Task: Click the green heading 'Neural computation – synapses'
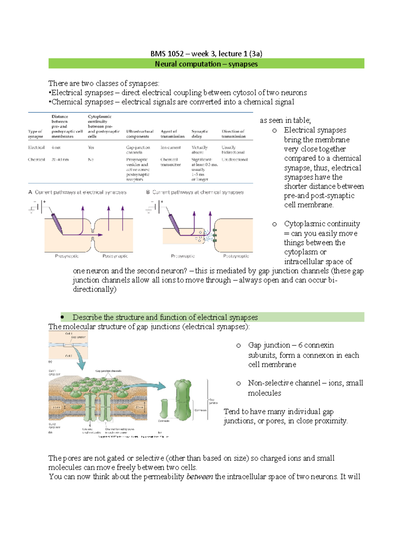[206, 64]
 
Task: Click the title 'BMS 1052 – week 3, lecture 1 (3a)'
[206, 54]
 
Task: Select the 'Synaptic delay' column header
[200, 134]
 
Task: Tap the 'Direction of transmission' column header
[233, 134]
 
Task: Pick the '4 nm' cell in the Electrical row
[56, 148]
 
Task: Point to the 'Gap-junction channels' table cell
[138, 150]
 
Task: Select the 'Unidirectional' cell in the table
[234, 160]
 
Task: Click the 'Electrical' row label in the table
[36, 148]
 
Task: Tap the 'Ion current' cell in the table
[170, 148]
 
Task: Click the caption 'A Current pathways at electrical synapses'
[77, 192]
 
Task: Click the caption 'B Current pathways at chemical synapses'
[195, 192]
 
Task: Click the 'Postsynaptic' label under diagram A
[115, 256]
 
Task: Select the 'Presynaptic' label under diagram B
[183, 256]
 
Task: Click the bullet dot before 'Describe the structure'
[63, 317]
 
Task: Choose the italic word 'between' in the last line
[199, 477]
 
